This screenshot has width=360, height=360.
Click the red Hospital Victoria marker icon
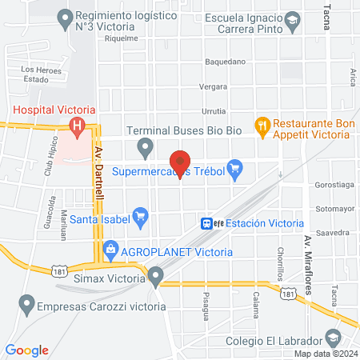coord(77,125)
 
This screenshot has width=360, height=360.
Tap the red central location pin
coord(181,161)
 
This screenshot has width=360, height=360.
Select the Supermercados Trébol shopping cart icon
coord(234,168)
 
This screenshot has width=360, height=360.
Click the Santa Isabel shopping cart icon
coord(141,214)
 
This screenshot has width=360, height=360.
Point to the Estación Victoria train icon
coord(206,223)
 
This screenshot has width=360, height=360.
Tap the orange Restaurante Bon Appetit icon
coord(261,124)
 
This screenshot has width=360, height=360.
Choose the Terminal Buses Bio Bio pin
coord(145,146)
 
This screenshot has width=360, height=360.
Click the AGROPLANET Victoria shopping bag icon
coord(111,250)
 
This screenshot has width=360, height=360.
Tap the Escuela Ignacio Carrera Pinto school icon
coord(293,21)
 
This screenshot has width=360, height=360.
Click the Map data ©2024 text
coord(324,354)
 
